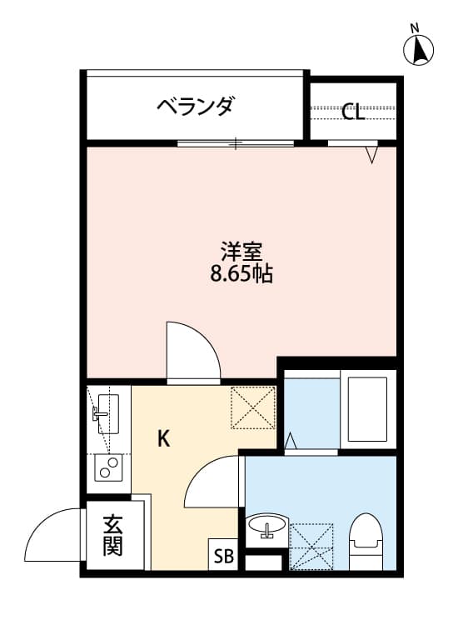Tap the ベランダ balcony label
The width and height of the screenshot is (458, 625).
click(x=195, y=107)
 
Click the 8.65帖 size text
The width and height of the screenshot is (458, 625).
click(x=241, y=272)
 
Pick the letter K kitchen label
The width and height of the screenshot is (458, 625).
click(x=164, y=438)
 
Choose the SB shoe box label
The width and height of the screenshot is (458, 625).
click(x=223, y=555)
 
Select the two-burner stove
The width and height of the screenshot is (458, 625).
click(x=107, y=468)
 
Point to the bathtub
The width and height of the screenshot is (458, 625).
click(x=366, y=410)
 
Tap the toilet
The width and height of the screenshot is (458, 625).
click(x=364, y=541)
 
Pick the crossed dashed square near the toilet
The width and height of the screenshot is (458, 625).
click(x=311, y=547)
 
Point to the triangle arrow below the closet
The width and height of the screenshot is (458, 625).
click(x=371, y=154)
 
